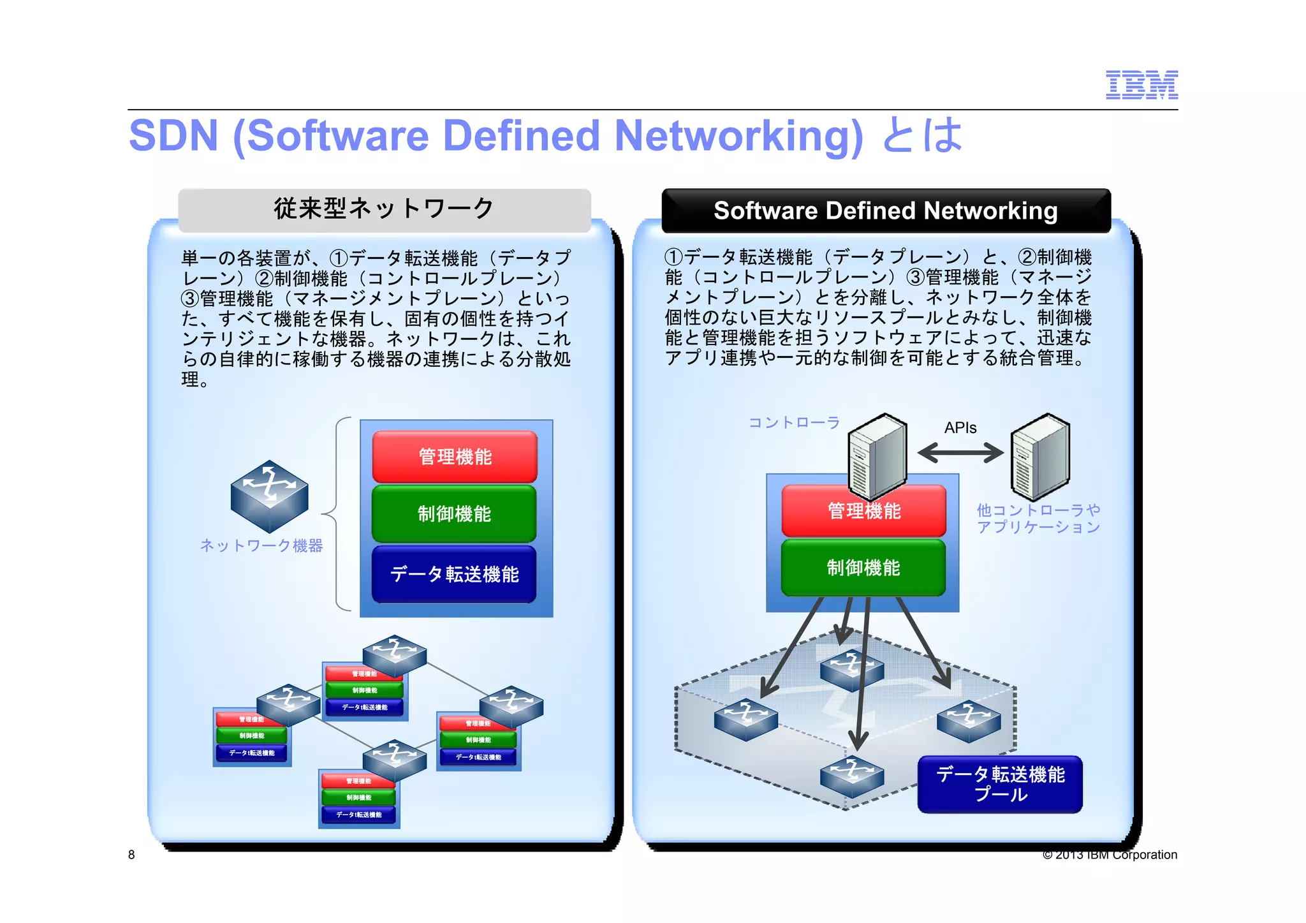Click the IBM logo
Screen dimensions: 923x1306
1141,85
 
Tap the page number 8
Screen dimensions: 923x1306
131,855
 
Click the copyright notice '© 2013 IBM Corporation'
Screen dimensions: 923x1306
1110,855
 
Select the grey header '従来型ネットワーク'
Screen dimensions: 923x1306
385,209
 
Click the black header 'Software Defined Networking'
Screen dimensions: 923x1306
886,211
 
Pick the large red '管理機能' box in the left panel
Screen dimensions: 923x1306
455,457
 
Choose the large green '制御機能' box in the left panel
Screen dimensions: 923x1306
454,513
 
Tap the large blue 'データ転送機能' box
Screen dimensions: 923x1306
454,574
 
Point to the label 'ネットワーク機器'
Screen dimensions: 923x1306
261,545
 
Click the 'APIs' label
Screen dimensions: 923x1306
960,428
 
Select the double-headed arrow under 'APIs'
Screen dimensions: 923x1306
960,454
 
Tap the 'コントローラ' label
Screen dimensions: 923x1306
794,423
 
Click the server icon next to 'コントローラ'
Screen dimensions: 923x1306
877,455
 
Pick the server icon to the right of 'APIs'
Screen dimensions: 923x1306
1041,455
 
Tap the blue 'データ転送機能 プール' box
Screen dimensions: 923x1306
1000,785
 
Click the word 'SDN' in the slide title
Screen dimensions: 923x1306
173,136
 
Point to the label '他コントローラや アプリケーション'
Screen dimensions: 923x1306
1038,519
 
